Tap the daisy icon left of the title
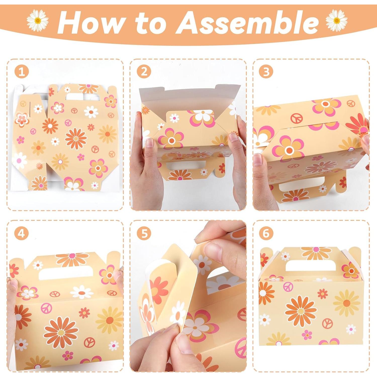pyautogui.click(x=38, y=21)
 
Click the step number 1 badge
pyautogui.click(x=22, y=72)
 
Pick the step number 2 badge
pyautogui.click(x=144, y=72)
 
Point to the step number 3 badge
pyautogui.click(x=266, y=72)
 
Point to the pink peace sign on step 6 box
pyautogui.click(x=288, y=286)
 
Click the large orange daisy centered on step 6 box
pyautogui.click(x=301, y=311)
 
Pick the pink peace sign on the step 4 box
pyautogui.click(x=46, y=308)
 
